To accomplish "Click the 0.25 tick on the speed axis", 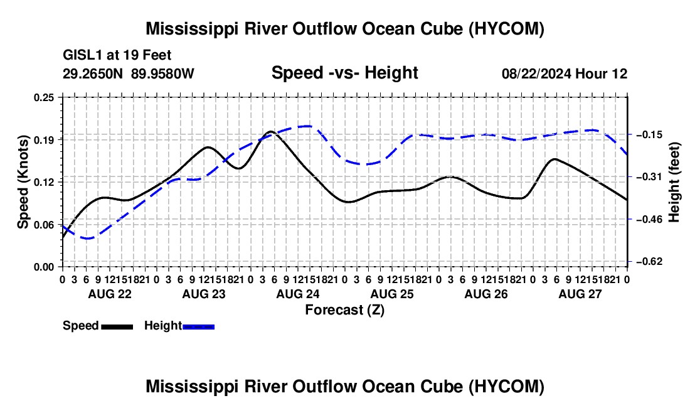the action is click(44, 97).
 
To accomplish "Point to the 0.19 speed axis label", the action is click(44, 140).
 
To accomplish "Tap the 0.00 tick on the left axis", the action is click(44, 267).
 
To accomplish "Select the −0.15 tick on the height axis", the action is click(649, 135).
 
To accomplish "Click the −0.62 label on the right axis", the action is click(649, 262).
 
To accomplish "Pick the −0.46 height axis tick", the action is click(649, 219).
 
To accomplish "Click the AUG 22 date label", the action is click(110, 294).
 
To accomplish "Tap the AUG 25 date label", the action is click(392, 294).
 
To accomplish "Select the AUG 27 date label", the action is click(580, 294).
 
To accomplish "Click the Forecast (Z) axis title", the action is click(345, 310).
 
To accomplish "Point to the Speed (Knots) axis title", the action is click(23, 182).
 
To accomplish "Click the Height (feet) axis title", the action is click(674, 182).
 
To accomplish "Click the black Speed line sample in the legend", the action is click(117, 327).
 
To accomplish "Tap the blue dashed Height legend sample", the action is click(198, 327).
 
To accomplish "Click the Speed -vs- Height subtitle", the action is click(344, 73).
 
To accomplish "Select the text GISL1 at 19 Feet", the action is click(117, 55).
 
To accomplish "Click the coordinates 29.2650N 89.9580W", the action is click(128, 73).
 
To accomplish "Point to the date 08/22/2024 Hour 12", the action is click(565, 73).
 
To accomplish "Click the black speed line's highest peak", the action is click(270, 131).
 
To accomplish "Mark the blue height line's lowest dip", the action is click(88, 239).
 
